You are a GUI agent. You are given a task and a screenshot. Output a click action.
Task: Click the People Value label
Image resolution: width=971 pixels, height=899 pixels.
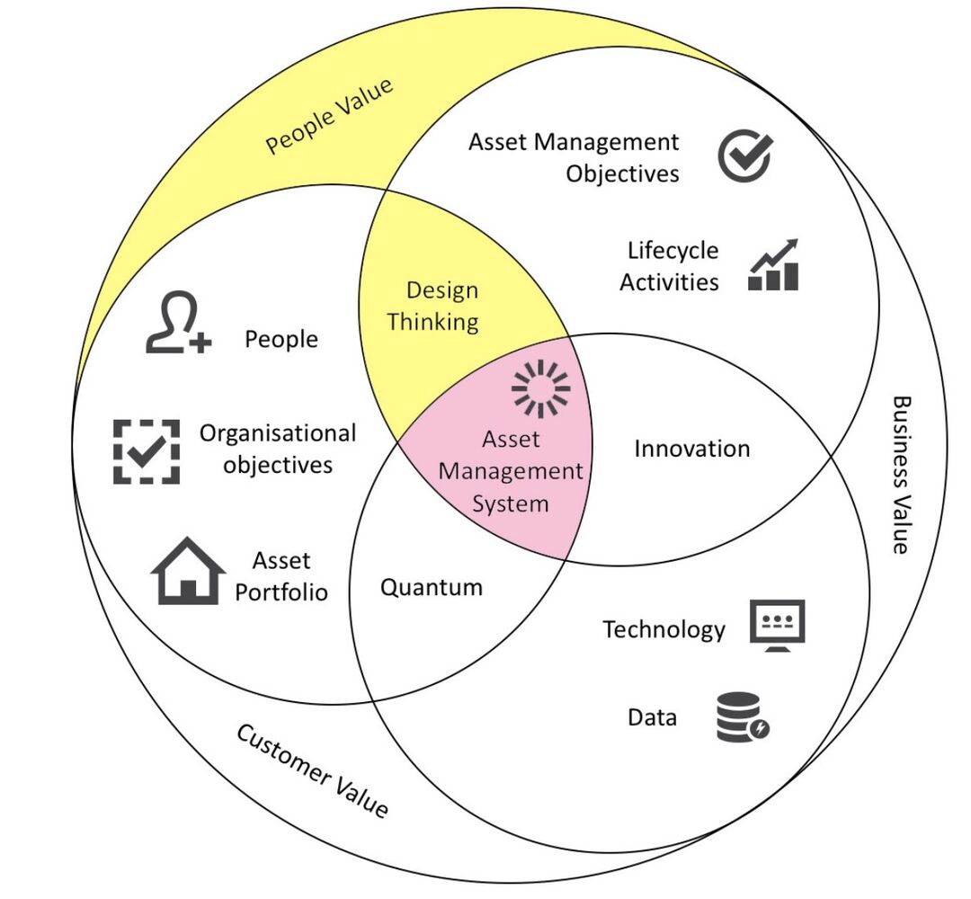tap(329, 117)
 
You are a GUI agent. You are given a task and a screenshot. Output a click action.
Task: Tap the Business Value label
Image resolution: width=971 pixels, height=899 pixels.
tap(900, 475)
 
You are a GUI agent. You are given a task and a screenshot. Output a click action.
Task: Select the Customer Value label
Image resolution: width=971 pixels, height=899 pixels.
tap(312, 770)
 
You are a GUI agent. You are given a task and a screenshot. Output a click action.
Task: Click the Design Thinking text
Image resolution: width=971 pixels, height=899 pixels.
tap(433, 306)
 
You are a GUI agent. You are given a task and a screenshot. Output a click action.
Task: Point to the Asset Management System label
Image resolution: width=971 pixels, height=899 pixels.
tap(511, 471)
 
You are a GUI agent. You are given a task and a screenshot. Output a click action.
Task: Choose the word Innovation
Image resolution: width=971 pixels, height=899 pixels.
tap(691, 449)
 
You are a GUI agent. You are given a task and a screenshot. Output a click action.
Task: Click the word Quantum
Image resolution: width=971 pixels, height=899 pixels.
tap(432, 588)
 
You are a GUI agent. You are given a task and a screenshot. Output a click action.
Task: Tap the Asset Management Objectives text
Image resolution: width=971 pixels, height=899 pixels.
tap(575, 156)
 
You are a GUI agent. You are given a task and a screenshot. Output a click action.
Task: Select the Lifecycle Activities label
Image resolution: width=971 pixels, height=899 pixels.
tap(670, 266)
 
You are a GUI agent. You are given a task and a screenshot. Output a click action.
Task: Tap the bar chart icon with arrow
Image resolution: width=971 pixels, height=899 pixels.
tap(773, 265)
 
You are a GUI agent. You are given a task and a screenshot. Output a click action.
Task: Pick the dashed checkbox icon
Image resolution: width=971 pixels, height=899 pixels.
tap(146, 451)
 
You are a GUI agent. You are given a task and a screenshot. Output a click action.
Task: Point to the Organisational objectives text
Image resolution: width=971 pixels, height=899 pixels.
tap(278, 449)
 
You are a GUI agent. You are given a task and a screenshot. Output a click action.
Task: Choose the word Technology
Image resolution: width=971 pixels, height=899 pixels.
tap(664, 629)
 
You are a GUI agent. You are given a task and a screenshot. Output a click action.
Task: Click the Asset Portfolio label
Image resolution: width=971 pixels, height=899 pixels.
tap(281, 576)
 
